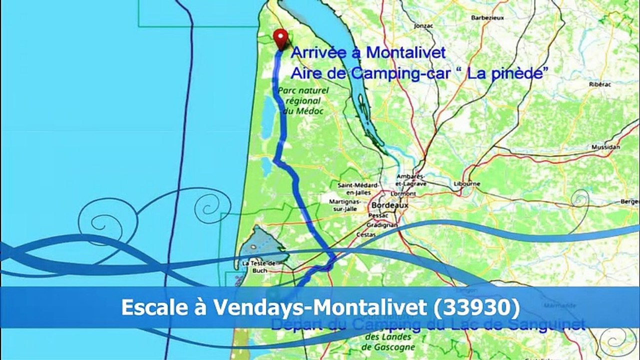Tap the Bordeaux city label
tap(389, 205)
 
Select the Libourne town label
tap(466, 183)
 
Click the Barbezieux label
tap(486, 17)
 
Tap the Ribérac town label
tap(600, 84)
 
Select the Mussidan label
tap(605, 147)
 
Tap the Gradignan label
tap(384, 225)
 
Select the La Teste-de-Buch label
tap(258, 266)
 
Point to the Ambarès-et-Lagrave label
tap(411, 179)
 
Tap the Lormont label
tap(404, 193)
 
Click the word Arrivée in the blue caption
tap(315, 52)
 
